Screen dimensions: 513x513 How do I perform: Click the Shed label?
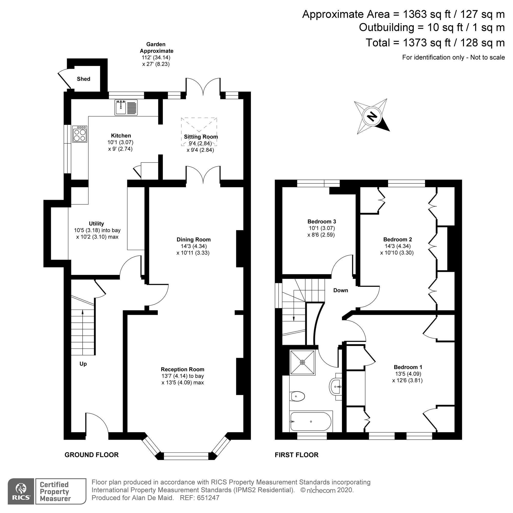(83, 79)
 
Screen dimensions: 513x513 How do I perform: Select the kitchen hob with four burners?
(80, 134)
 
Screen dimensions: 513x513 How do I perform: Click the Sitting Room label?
(201, 137)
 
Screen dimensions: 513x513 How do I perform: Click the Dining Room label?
(193, 240)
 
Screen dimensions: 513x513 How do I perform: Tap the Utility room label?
(96, 224)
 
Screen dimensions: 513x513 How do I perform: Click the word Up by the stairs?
(83, 364)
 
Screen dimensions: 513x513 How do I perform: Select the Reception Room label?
(182, 369)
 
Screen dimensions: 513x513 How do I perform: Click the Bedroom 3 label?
(322, 221)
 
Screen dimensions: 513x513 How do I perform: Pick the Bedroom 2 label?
(398, 240)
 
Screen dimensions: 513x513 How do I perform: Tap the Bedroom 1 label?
(408, 367)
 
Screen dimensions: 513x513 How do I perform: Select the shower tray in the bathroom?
(302, 362)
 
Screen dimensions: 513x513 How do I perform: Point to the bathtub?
(311, 422)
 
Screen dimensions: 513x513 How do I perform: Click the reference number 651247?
(208, 498)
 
